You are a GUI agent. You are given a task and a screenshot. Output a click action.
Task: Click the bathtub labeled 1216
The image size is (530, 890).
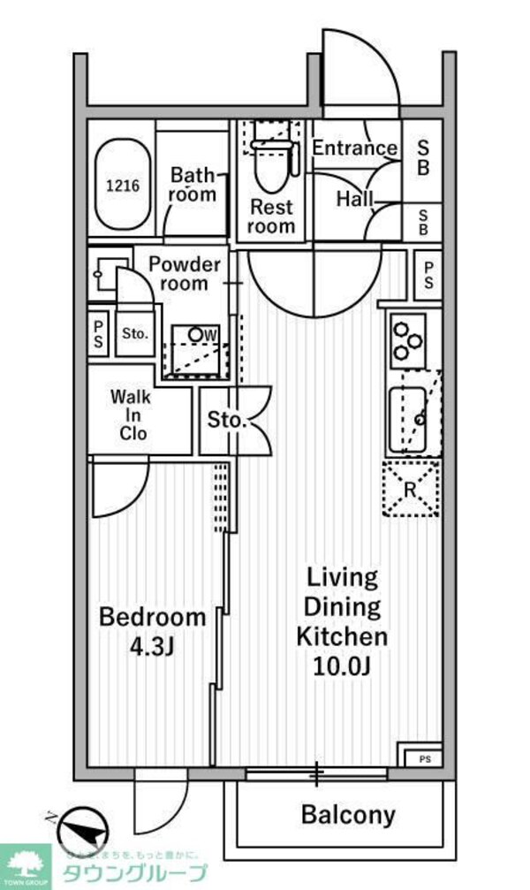pyautogui.click(x=122, y=186)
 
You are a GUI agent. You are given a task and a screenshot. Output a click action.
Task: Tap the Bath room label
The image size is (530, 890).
pyautogui.click(x=193, y=184)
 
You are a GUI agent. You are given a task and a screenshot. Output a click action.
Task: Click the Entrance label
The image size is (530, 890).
pyautogui.click(x=354, y=148)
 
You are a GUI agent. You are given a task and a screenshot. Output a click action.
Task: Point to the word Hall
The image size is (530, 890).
pyautogui.click(x=354, y=199)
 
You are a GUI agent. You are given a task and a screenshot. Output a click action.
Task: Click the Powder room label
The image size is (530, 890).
pyautogui.click(x=184, y=274)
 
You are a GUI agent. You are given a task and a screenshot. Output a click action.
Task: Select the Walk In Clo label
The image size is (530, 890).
pyautogui.click(x=129, y=415)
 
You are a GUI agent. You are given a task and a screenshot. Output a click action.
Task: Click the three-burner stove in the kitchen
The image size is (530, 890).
pyautogui.click(x=408, y=341)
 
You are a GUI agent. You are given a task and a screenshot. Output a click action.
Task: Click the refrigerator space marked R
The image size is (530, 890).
pyautogui.click(x=411, y=488)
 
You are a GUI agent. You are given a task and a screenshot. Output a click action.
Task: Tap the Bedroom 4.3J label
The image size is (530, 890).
pyautogui.click(x=152, y=631)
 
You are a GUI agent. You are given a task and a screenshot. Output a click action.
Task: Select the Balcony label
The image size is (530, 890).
pyautogui.click(x=348, y=814)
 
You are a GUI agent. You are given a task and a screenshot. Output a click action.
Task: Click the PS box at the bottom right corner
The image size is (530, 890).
pyautogui.click(x=423, y=757)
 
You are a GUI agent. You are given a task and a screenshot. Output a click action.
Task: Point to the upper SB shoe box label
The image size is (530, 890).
pyautogui.click(x=423, y=156)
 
